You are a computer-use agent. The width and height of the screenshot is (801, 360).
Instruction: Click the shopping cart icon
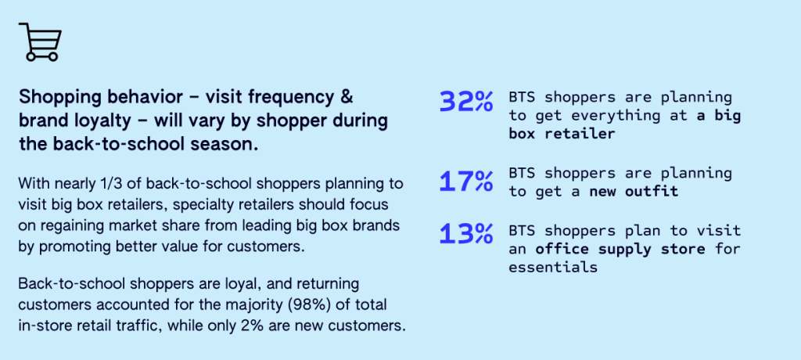41,42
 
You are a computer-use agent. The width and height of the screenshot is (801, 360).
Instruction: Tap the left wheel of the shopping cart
31,57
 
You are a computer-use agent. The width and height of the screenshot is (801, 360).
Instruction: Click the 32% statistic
466,101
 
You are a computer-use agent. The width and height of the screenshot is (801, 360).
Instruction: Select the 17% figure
466,182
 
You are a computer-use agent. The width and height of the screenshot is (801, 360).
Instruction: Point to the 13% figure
466,234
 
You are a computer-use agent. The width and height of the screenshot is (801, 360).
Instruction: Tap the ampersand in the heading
346,96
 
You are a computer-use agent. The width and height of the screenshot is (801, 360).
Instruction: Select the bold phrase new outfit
634,192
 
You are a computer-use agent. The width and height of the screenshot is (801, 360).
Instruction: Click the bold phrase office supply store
620,250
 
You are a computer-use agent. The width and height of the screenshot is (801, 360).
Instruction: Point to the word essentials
553,268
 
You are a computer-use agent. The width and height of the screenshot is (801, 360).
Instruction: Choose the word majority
257,305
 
